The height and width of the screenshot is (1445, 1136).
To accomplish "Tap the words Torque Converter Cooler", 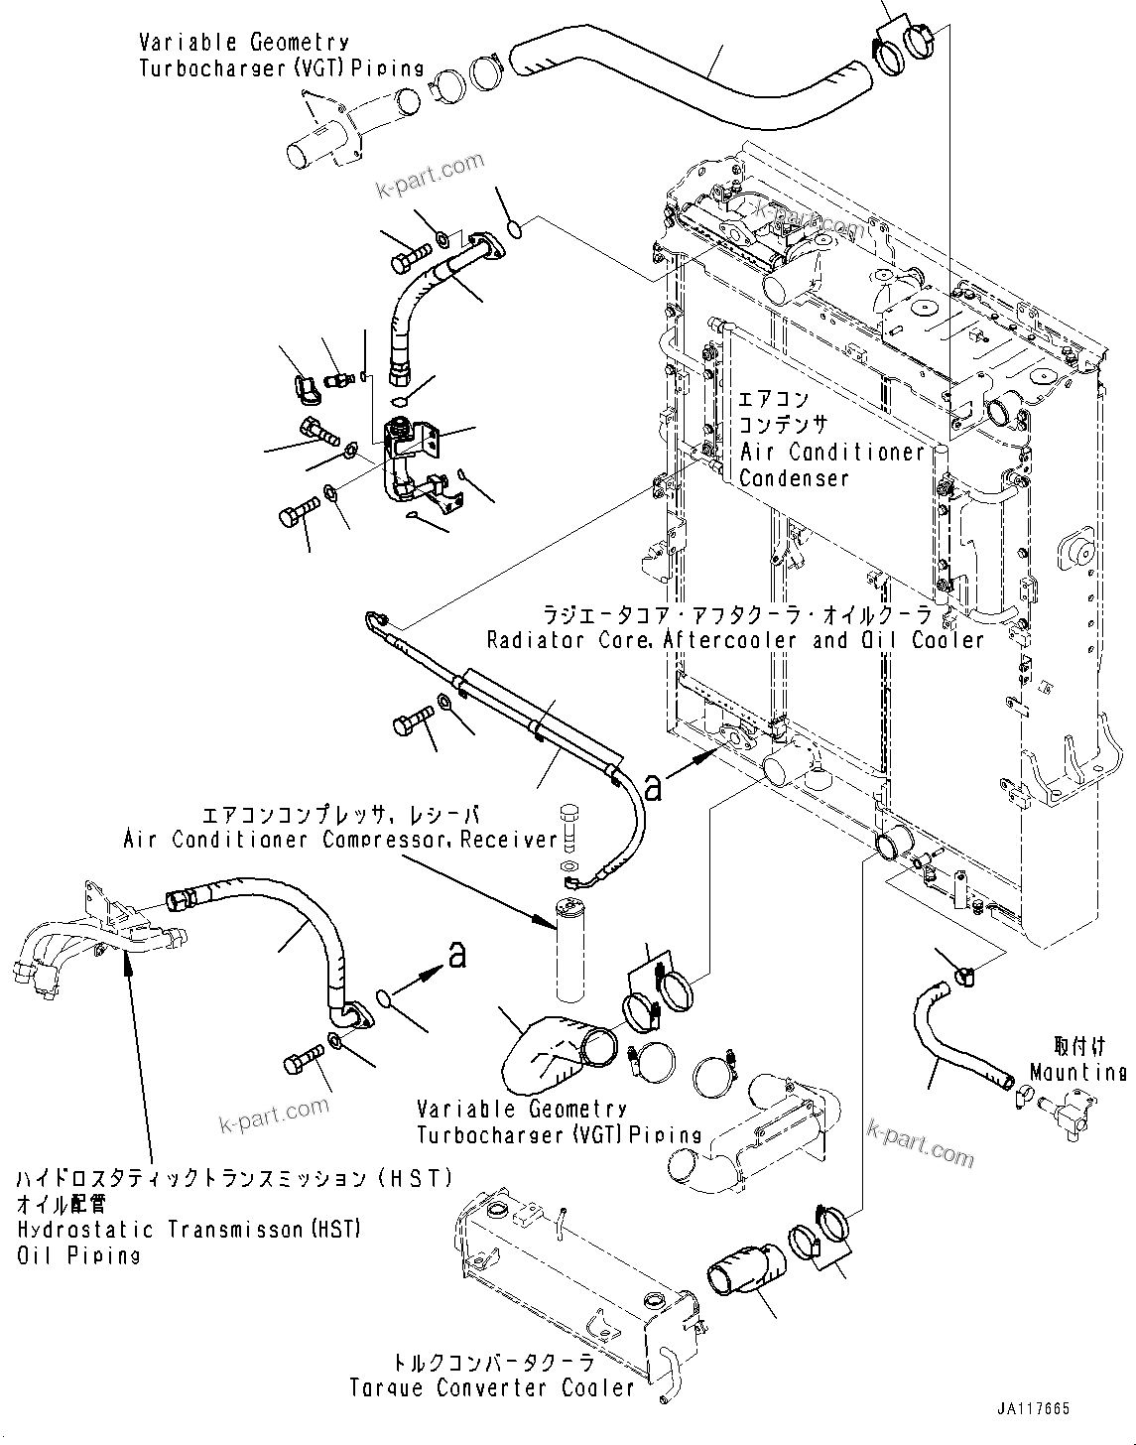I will [x=492, y=1387].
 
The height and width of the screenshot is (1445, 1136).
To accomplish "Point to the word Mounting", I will [x=1077, y=1073].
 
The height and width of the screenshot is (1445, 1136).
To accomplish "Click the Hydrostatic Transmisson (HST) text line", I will [x=189, y=1230].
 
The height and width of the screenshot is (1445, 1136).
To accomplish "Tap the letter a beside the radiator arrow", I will [x=652, y=787].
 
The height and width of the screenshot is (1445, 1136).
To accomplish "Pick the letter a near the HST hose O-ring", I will [x=456, y=955].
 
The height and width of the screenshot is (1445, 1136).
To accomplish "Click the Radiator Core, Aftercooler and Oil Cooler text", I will [x=734, y=640].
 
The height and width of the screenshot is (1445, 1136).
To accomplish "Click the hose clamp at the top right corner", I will [x=905, y=46].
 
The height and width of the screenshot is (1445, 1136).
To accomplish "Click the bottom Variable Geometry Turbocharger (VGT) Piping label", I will [x=559, y=1121].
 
